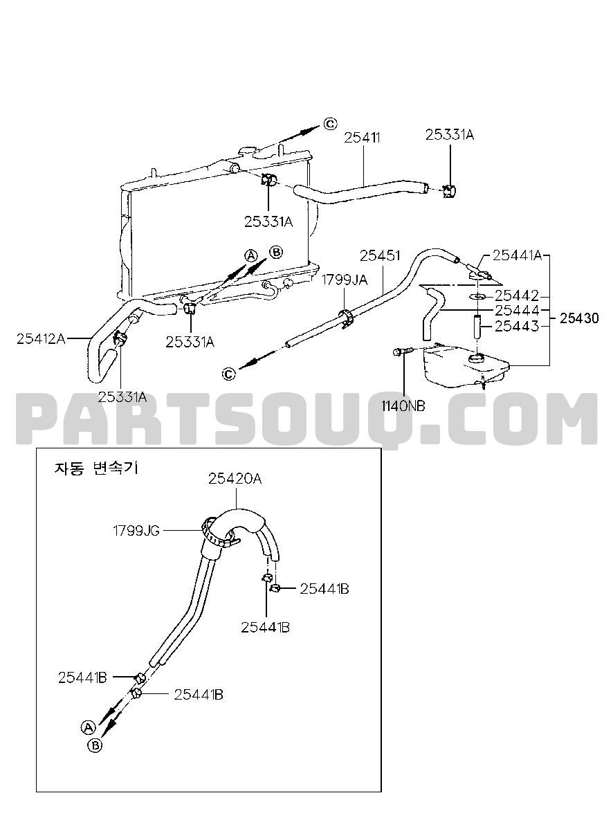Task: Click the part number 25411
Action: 362,138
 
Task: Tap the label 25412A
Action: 41,339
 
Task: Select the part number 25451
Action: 380,256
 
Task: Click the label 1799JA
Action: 345,280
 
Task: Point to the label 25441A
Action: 517,255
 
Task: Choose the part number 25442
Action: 517,296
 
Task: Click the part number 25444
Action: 517,311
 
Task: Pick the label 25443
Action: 517,326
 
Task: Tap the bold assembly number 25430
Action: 579,318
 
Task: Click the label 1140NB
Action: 403,406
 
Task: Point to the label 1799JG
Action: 136,531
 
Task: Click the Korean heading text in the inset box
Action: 96,468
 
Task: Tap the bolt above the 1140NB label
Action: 404,352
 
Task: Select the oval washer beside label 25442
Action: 478,297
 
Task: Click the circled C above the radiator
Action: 330,123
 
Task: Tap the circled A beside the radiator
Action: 251,255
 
